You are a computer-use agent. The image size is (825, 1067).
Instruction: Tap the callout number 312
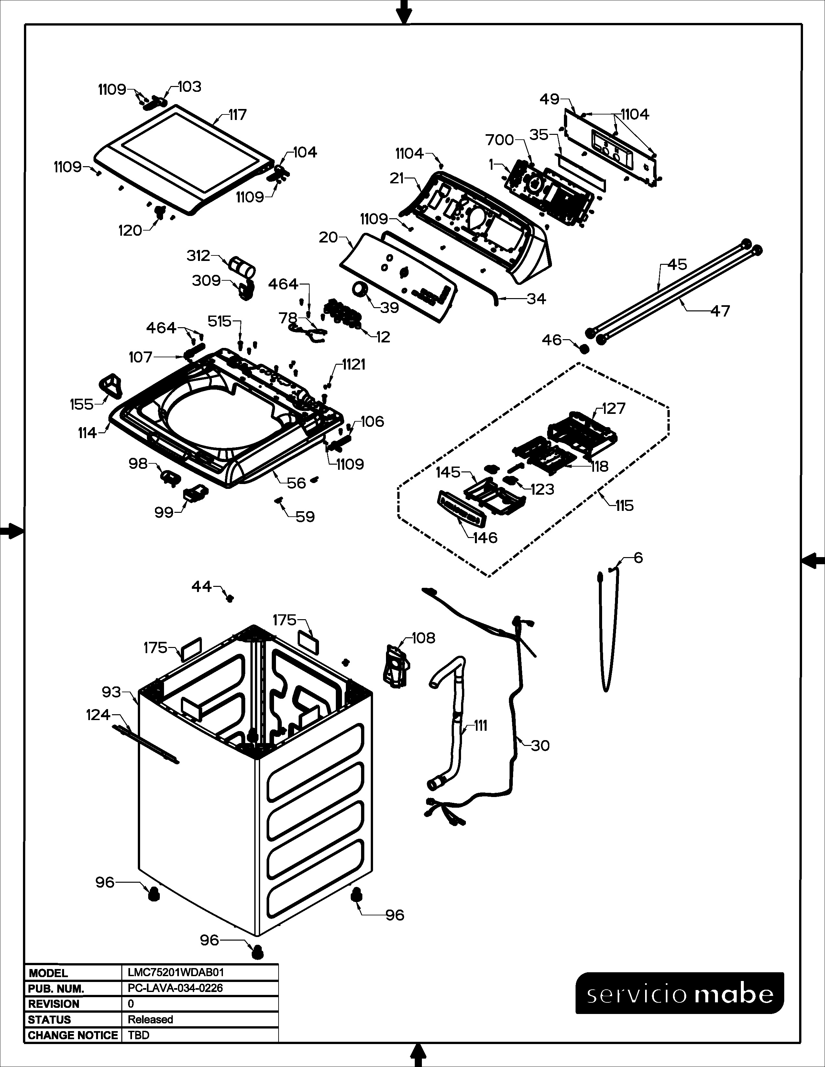click(x=198, y=255)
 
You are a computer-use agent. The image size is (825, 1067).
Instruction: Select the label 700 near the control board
click(x=500, y=140)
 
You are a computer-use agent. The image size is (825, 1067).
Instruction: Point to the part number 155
click(x=82, y=404)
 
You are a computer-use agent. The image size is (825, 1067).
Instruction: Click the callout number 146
click(x=485, y=538)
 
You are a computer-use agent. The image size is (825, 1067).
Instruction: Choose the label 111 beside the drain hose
click(x=481, y=726)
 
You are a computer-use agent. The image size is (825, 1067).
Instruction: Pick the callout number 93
click(x=111, y=692)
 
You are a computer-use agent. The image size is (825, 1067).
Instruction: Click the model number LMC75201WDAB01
click(x=175, y=973)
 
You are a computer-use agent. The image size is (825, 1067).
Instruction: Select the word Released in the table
click(x=150, y=1019)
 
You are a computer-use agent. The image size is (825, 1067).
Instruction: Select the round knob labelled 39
click(x=361, y=290)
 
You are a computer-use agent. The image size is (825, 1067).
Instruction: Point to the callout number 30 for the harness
click(x=540, y=746)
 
